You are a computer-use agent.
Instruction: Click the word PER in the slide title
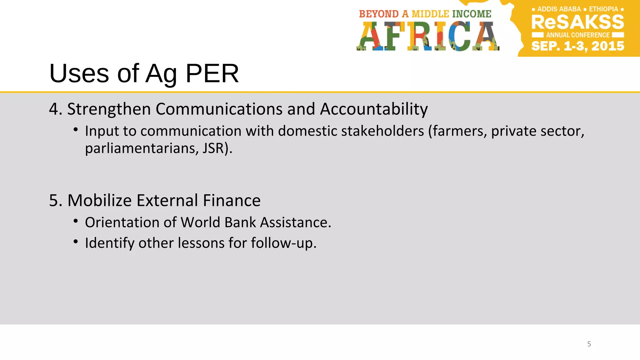pos(212,74)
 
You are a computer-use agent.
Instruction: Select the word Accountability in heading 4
pos(374,109)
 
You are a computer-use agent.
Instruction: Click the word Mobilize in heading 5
pos(99,200)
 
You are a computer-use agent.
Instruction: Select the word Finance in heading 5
pos(232,200)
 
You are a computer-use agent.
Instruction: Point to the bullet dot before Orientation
pos(76,221)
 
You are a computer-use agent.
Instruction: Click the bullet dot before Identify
pos(76,242)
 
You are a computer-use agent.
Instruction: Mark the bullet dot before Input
pos(76,129)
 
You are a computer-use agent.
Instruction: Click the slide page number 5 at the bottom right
pos(589,344)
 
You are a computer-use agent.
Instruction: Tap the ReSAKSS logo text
pos(577,22)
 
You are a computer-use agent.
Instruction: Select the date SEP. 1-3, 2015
pos(577,46)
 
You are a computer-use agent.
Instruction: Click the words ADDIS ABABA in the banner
pos(559,9)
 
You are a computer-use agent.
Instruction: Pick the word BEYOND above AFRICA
pos(379,14)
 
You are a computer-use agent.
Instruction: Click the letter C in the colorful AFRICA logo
pos(460,36)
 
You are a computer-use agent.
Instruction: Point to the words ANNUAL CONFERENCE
pos(578,35)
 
